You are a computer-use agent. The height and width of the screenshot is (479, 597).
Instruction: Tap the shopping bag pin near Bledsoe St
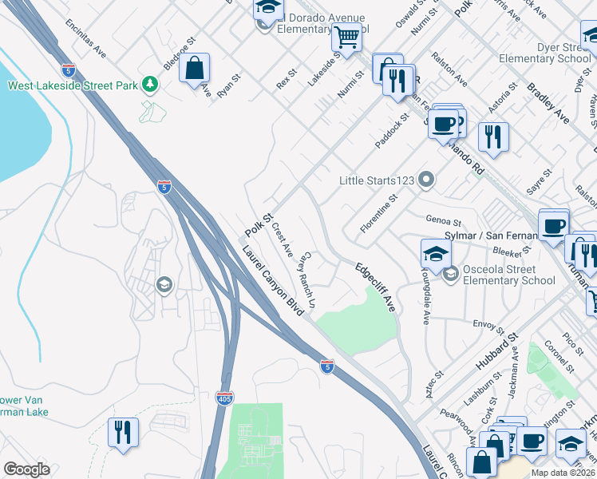click(x=194, y=69)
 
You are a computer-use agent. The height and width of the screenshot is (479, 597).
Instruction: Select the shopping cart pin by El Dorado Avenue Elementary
click(x=346, y=37)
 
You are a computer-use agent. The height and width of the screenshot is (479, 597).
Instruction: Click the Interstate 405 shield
click(x=225, y=397)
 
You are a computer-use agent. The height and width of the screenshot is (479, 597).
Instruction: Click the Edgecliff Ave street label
click(x=375, y=287)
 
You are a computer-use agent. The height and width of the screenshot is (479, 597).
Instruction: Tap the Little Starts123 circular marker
click(x=426, y=180)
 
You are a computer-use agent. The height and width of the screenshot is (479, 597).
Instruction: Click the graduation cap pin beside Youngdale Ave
click(x=436, y=254)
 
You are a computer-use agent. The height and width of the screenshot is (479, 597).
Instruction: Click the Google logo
click(x=27, y=469)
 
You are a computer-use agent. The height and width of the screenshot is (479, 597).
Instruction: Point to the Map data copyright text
click(x=563, y=473)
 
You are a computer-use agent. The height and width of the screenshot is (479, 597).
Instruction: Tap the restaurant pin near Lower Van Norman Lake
click(x=123, y=433)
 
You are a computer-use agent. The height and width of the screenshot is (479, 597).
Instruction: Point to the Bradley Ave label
click(x=547, y=103)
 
